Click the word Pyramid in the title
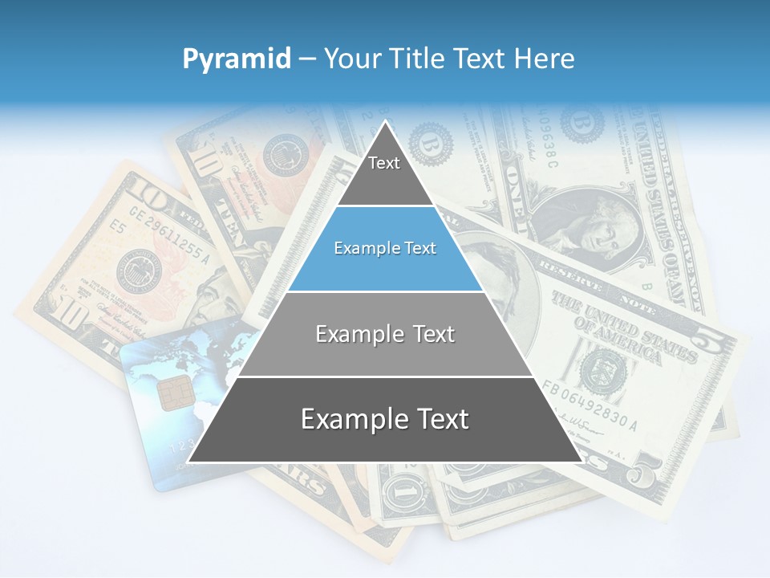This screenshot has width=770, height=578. (236, 59)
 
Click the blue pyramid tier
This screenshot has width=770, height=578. (385, 249)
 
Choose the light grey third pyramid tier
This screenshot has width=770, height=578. (385, 334)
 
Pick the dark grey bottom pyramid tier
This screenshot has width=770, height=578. (385, 420)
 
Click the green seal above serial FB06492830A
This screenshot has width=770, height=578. (597, 367)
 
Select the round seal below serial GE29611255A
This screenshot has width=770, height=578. (137, 271)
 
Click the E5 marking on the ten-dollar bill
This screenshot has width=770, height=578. (119, 227)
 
